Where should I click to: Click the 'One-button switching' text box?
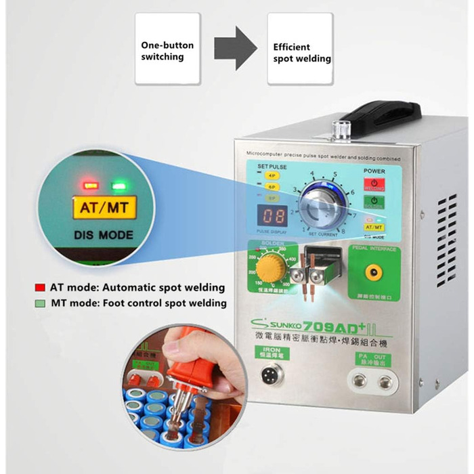coord(167,49)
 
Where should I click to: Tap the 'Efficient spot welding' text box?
coord(300,49)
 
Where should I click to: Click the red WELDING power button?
coord(374,183)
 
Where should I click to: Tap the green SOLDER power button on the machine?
coord(374,201)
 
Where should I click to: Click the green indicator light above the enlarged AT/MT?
coord(120,184)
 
